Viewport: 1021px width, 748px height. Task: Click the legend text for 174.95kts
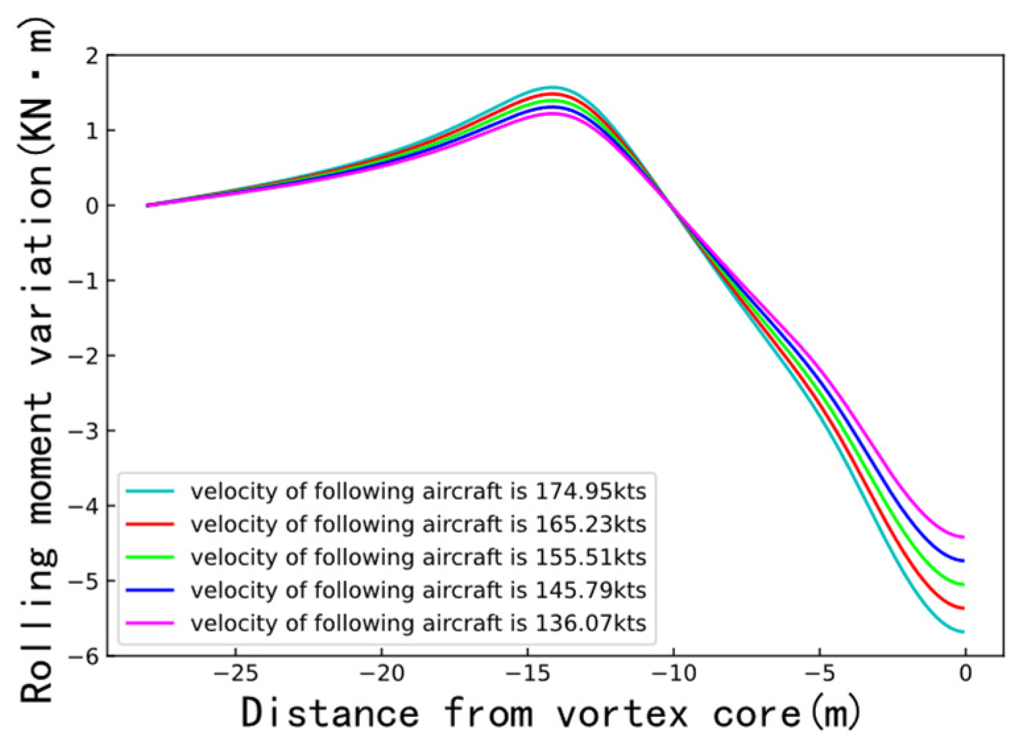418,492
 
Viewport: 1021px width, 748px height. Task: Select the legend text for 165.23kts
418,524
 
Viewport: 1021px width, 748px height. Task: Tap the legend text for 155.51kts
418,557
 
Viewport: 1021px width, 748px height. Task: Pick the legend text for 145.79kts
418,590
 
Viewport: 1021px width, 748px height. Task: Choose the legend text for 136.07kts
418,623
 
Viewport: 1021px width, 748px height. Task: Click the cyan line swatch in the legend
150,491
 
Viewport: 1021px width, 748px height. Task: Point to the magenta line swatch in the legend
150,623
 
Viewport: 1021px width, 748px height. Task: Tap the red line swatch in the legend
150,524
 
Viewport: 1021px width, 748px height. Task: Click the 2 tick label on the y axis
92,55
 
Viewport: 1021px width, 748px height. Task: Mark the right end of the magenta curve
964,537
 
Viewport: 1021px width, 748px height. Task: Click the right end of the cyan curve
964,632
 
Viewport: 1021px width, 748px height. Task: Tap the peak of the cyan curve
551,87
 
